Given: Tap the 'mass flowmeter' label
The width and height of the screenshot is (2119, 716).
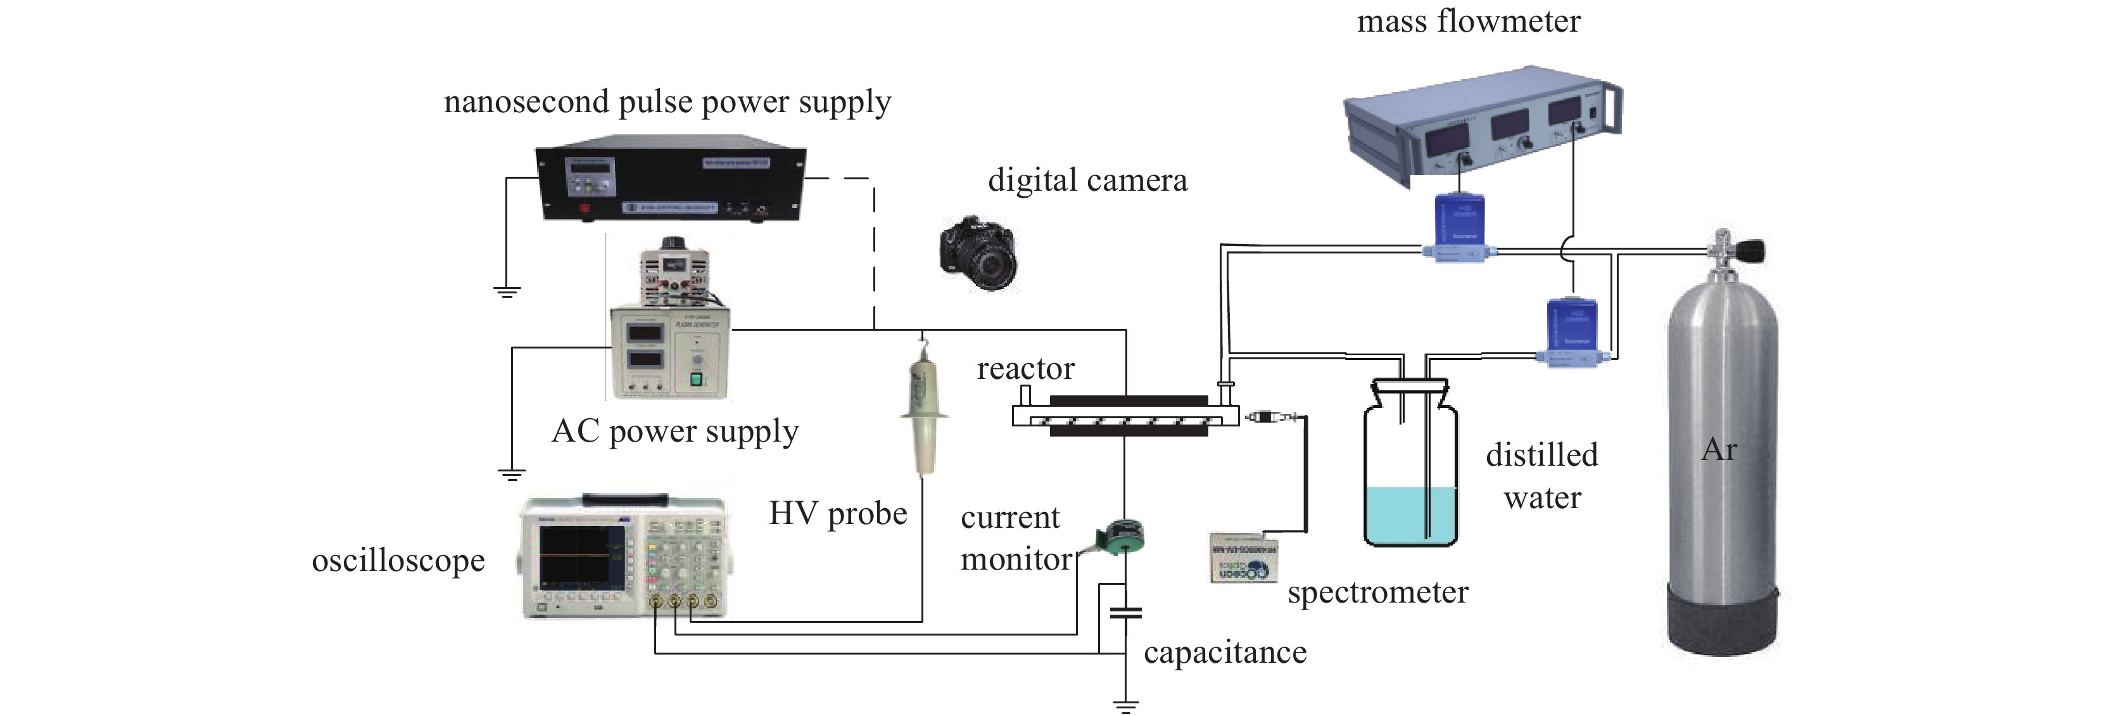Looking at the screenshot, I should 1469,22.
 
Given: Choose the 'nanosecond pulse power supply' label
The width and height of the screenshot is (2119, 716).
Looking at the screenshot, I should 667,102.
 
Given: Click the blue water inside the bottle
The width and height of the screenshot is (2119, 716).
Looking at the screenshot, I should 1410,515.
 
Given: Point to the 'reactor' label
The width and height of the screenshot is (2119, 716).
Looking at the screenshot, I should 1025,369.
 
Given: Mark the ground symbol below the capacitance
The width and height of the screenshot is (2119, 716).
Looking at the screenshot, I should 1125,705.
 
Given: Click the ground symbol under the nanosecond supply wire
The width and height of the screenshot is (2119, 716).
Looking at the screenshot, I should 507,291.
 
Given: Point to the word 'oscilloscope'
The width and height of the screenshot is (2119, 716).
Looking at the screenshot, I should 398,561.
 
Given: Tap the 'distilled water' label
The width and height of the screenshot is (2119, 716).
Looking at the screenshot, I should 1541,476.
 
